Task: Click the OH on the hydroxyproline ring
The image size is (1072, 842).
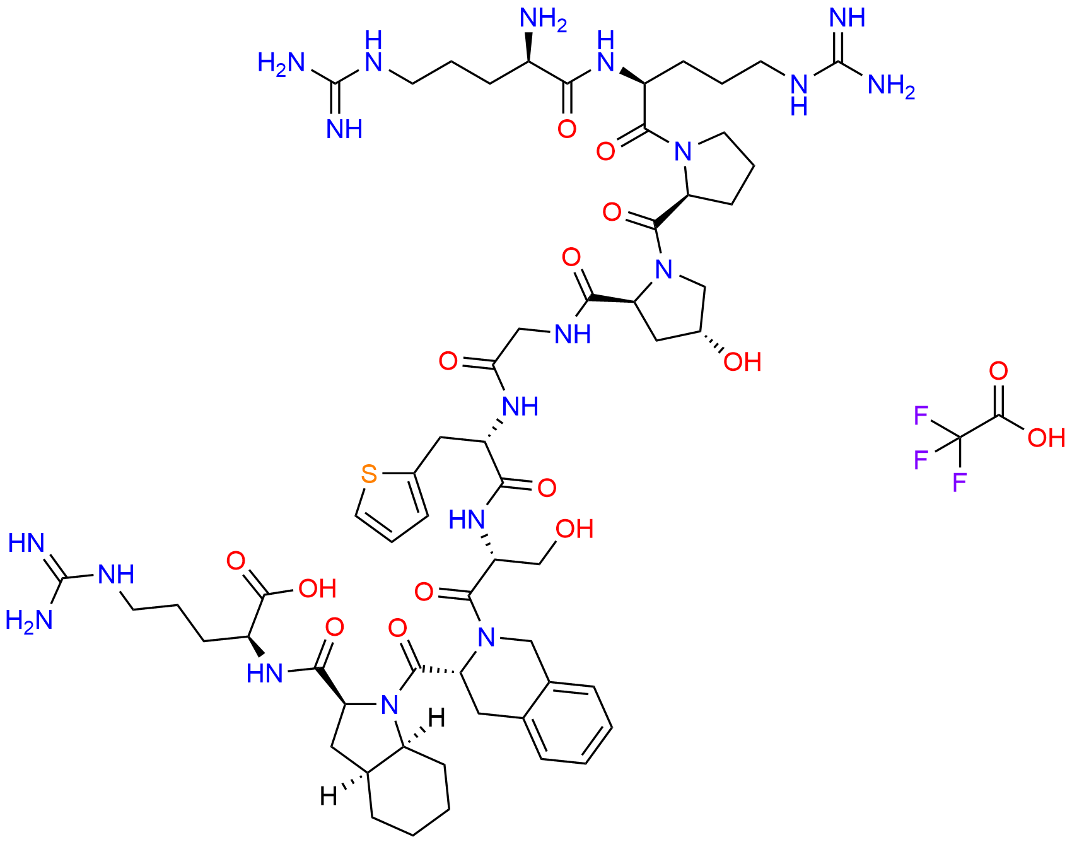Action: click(x=742, y=362)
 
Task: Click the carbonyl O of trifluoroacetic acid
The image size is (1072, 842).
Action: click(x=998, y=371)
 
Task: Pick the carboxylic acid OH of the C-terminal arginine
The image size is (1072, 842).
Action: click(x=318, y=588)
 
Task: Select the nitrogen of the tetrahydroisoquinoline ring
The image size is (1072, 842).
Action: click(x=486, y=638)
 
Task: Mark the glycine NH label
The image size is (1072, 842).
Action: click(x=573, y=334)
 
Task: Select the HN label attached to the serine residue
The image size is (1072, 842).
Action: click(x=467, y=520)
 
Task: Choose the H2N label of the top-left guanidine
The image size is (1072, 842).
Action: click(x=281, y=64)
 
